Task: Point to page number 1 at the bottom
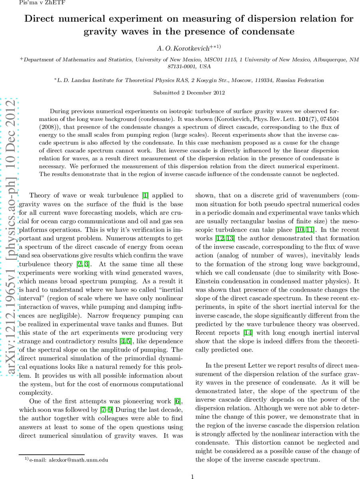192,476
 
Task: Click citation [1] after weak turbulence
146,195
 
